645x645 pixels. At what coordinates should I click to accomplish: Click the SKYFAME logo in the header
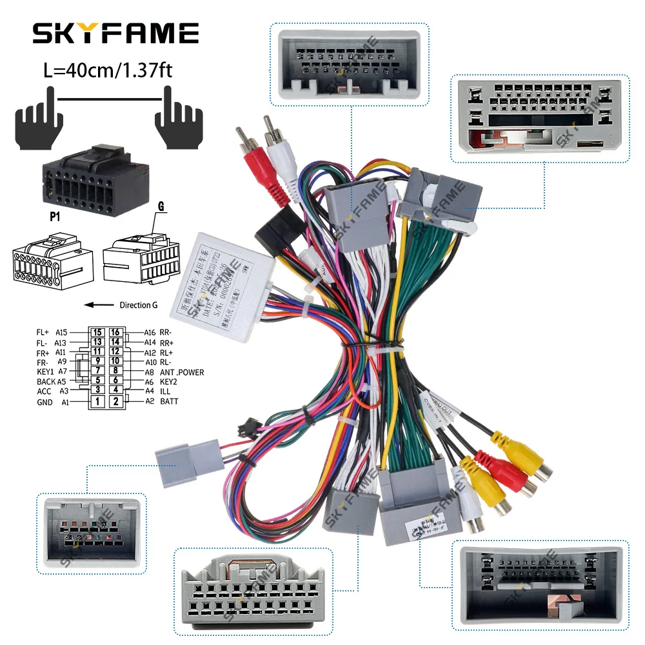tap(116, 33)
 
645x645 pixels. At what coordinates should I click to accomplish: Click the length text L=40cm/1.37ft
tap(108, 70)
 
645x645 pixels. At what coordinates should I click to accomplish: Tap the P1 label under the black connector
tap(55, 218)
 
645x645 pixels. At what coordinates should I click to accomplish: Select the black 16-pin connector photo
tap(95, 175)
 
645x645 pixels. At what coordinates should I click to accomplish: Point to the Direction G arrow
tap(99, 305)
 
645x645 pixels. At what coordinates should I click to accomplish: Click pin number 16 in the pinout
tap(115, 332)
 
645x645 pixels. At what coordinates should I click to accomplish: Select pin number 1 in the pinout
tap(97, 402)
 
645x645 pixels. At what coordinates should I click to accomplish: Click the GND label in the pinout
tap(45, 402)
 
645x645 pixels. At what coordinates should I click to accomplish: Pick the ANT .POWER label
tap(182, 372)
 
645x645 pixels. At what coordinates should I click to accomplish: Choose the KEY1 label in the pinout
tap(46, 372)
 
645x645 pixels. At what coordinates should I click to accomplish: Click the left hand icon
tap(39, 112)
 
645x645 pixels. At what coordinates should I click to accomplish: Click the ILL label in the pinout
tap(165, 392)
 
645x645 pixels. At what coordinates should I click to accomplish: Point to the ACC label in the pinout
tap(44, 392)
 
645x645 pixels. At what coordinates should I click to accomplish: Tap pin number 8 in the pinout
tap(115, 371)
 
